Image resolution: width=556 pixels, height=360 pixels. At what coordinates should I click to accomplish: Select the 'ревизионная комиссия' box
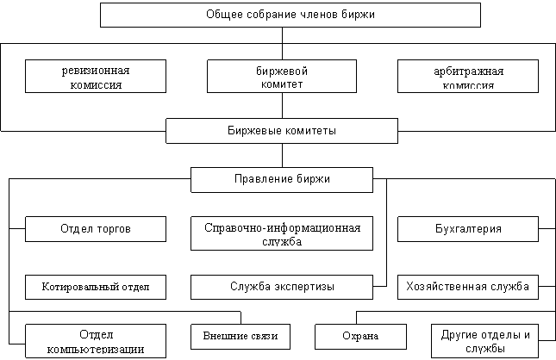95,76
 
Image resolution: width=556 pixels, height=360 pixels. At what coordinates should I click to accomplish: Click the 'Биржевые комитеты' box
282,131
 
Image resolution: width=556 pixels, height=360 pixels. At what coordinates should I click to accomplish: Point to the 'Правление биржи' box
282,179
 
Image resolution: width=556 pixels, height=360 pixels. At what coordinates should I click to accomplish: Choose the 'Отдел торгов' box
95,229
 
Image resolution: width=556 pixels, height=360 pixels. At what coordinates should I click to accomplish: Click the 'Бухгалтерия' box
468,229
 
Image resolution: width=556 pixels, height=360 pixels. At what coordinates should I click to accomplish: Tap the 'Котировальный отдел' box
95,286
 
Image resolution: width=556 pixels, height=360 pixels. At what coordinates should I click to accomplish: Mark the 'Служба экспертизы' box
282,286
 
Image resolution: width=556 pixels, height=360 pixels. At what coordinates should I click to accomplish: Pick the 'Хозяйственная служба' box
468,286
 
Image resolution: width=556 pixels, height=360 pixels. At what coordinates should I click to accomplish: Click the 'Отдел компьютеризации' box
95,341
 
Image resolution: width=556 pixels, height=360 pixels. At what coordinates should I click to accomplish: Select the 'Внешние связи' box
240,335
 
